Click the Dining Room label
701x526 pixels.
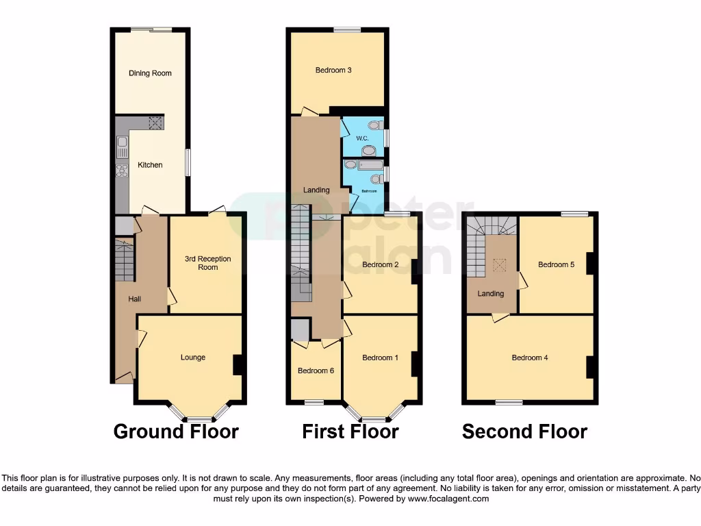click(150, 73)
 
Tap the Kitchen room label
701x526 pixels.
click(150, 165)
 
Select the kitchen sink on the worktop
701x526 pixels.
click(122, 145)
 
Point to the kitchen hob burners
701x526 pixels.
click(122, 171)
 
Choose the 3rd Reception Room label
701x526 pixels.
click(207, 263)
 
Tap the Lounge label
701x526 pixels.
click(193, 358)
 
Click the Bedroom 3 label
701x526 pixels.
click(333, 70)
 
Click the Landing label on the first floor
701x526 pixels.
click(316, 190)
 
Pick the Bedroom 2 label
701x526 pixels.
click(380, 265)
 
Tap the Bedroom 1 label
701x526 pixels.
click(380, 358)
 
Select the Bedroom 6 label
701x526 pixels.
click(316, 371)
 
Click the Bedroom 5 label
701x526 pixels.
click(556, 265)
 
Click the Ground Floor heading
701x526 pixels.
click(176, 431)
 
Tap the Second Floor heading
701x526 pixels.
click(524, 431)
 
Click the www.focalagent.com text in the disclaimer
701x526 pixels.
click(448, 499)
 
